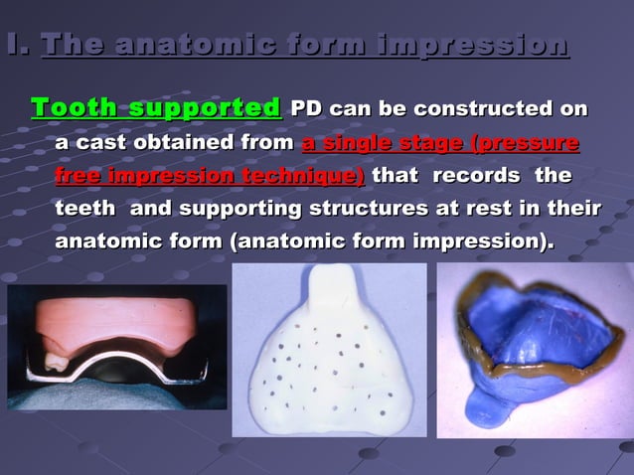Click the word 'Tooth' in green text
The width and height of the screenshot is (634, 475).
(x=72, y=107)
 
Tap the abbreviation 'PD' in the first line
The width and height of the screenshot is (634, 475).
(x=306, y=108)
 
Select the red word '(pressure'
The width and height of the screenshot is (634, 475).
(x=526, y=143)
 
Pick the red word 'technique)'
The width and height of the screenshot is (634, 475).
(x=293, y=176)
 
